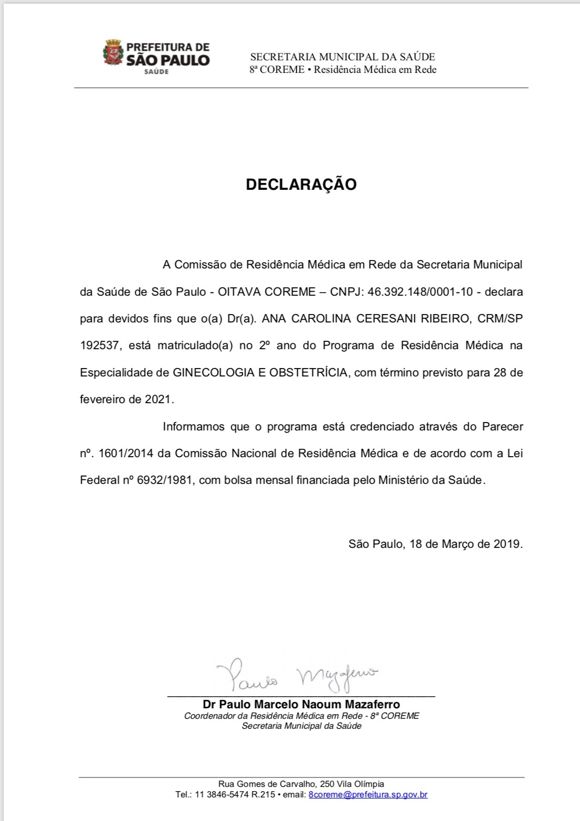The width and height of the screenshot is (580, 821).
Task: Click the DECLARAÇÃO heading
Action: pyautogui.click(x=301, y=185)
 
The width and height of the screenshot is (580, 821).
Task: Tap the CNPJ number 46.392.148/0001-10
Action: pyautogui.click(x=413, y=291)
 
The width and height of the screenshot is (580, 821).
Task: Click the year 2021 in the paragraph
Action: pyautogui.click(x=158, y=399)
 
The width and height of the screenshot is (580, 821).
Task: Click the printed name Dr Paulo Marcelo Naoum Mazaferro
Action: pyautogui.click(x=301, y=704)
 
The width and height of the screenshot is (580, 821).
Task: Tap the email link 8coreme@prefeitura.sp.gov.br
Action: pyautogui.click(x=368, y=794)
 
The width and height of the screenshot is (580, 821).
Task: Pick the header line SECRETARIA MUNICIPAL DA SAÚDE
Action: pyautogui.click(x=342, y=57)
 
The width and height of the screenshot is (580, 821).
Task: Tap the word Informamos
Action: pyautogui.click(x=195, y=426)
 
